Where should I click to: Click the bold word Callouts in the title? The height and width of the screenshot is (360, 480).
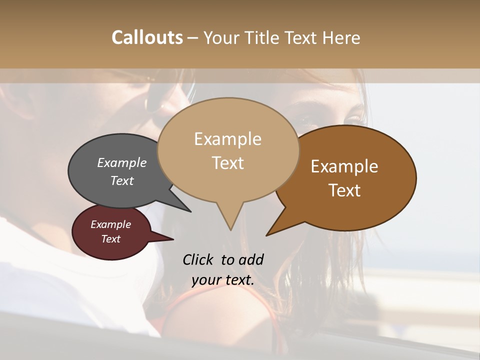147,37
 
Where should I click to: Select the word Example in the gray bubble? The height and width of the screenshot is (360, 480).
122,162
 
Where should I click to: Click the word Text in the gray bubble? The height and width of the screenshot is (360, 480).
122,180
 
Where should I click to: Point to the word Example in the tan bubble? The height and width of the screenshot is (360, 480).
227,139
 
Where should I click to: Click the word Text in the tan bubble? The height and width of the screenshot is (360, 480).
227,163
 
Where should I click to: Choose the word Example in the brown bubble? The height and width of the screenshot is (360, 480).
344,166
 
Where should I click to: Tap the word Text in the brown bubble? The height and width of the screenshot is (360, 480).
344,190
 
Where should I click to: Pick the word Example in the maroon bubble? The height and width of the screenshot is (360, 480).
110,224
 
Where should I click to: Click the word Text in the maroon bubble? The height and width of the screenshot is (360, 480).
110,239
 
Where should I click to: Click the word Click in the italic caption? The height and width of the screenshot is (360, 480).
198,259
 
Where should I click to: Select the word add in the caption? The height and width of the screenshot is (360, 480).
251,259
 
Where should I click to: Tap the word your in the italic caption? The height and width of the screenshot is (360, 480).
205,280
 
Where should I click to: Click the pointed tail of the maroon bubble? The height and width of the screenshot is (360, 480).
172,239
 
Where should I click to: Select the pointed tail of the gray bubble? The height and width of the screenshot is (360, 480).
190,211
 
